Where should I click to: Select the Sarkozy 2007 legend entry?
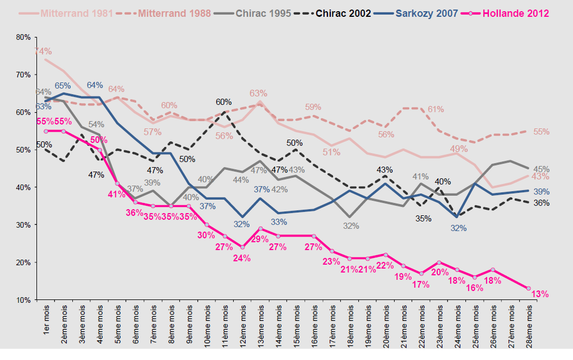426,13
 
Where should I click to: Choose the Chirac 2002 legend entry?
343,13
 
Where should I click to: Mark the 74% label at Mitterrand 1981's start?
43,52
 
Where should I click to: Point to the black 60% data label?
224,102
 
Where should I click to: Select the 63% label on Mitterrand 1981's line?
258,93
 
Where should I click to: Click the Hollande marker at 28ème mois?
529,288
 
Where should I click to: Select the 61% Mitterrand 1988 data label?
436,109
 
